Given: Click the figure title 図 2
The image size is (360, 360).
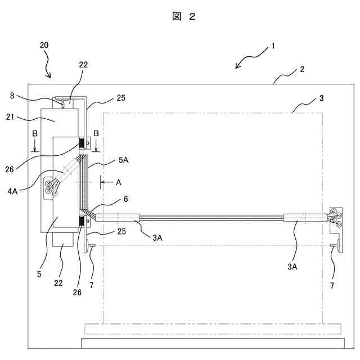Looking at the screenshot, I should (x=183, y=17).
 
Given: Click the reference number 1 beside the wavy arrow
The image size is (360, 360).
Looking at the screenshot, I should (x=273, y=46).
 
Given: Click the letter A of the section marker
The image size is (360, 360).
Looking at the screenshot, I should (x=118, y=182).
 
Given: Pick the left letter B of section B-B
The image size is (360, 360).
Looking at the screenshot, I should (x=35, y=134).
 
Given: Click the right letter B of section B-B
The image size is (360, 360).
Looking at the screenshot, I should (x=96, y=134).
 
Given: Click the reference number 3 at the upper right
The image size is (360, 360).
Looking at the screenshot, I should (x=321, y=98).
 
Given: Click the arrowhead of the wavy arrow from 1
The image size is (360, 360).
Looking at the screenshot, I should (x=237, y=67).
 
